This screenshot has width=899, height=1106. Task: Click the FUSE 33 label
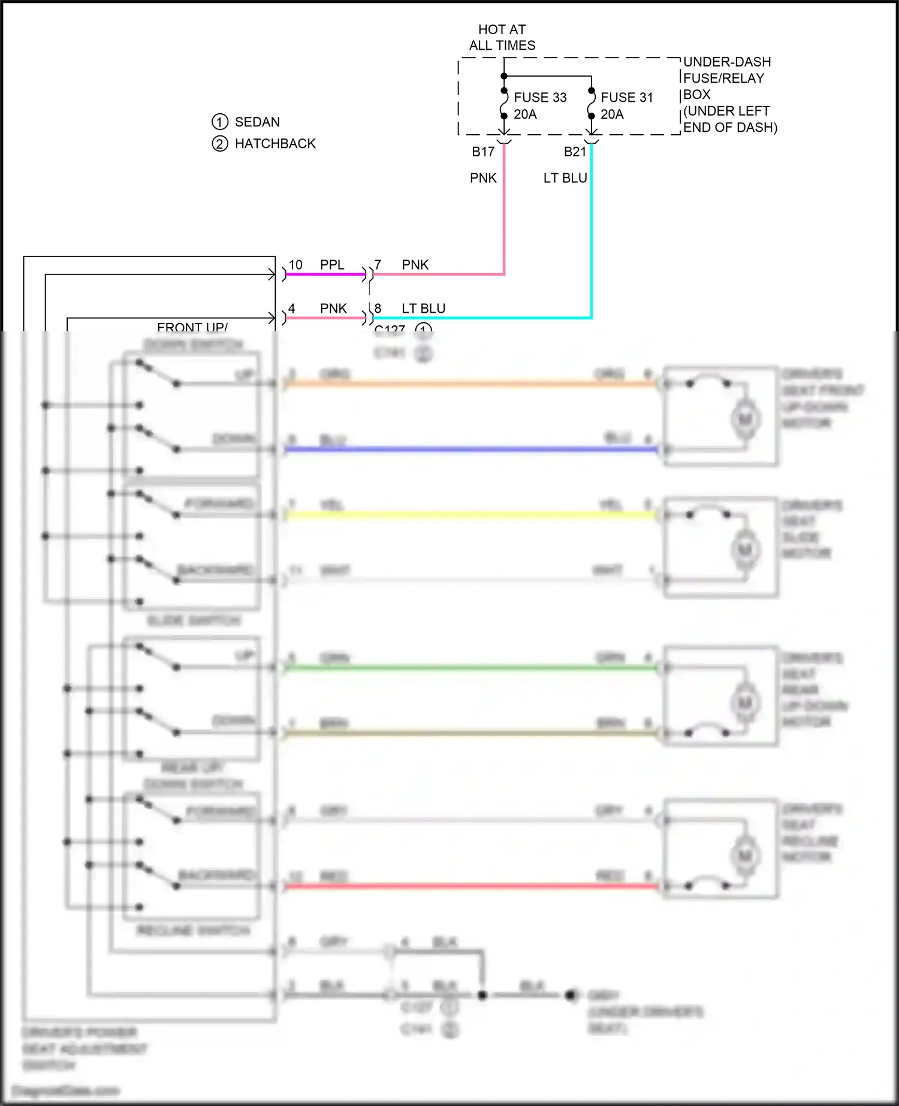[539, 97]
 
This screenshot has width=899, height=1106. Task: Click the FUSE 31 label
[626, 97]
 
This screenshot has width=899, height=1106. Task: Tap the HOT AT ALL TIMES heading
[502, 37]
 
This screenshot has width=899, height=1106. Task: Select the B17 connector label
[483, 152]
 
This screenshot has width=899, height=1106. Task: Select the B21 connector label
[575, 152]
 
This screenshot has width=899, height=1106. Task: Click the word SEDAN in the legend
[257, 122]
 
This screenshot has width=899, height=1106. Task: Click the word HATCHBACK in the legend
[275, 144]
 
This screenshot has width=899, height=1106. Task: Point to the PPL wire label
[332, 265]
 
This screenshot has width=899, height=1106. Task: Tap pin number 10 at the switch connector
[295, 265]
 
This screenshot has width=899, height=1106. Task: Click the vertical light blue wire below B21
[592, 240]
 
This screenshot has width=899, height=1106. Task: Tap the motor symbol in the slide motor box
[745, 549]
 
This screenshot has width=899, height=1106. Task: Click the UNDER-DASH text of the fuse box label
[726, 62]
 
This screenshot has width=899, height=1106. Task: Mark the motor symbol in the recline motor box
[745, 855]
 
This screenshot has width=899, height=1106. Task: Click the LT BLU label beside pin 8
[423, 309]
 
